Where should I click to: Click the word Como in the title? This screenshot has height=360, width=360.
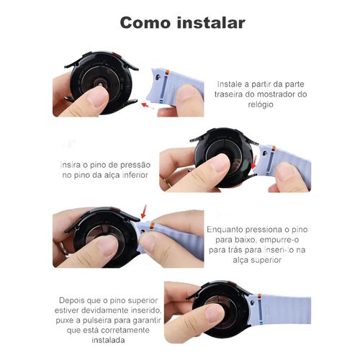coord(145,23)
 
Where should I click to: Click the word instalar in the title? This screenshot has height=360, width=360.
coord(212,23)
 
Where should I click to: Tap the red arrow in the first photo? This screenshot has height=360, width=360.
coord(148,106)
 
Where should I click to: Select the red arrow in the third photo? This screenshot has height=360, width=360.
coord(143,212)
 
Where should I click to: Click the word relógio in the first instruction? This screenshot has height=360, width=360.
coord(261,104)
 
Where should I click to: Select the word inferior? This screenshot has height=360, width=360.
coord(135,175)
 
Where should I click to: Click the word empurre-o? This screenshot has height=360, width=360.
coord(279,240)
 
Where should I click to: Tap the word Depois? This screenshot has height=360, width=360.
coord(71,300)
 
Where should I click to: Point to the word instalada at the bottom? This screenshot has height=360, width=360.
coord(108,340)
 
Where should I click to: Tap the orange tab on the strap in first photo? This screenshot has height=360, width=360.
coord(167,72)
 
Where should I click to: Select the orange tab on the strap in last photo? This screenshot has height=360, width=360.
coord(259,297)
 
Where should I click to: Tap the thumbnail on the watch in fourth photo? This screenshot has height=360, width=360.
coord(214,313)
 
